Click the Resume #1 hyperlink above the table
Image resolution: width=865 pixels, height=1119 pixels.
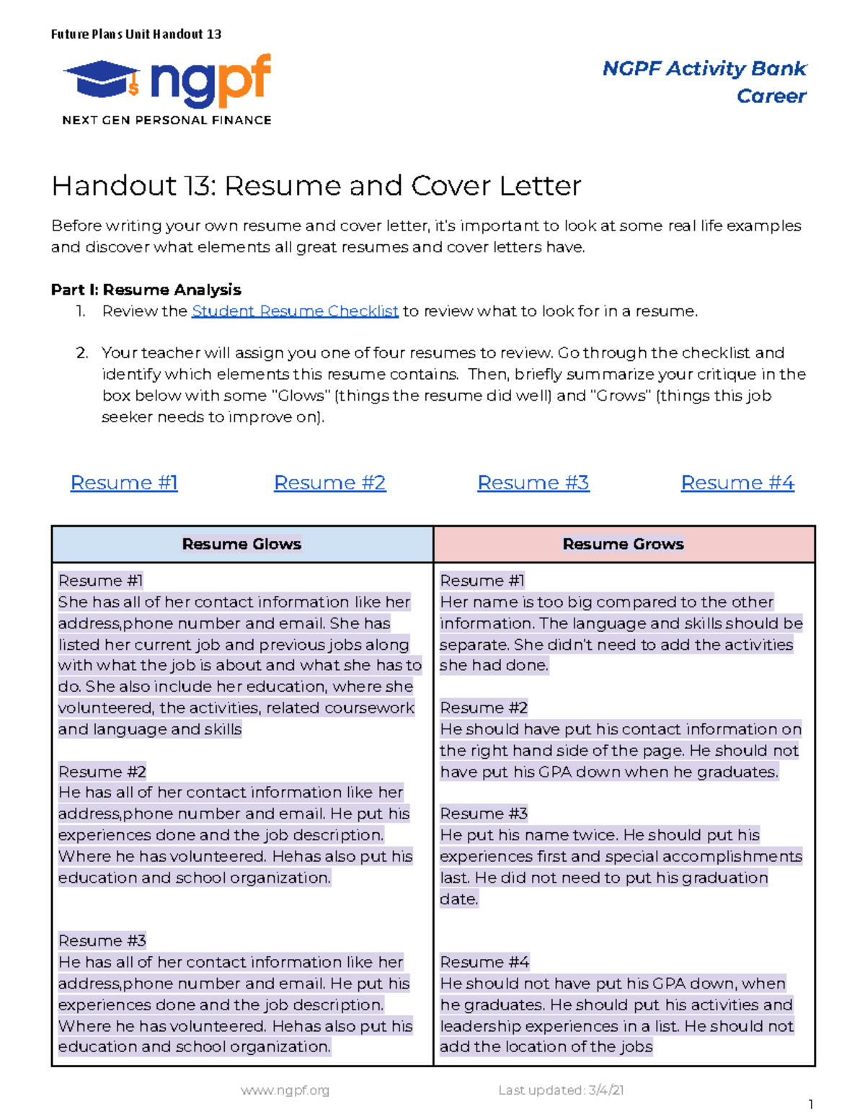(x=124, y=483)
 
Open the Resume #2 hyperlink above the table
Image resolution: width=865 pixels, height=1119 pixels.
(x=329, y=483)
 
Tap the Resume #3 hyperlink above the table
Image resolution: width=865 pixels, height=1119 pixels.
(x=533, y=483)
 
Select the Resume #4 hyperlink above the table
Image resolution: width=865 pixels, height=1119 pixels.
(x=737, y=483)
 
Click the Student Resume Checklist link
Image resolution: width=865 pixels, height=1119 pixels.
(x=295, y=311)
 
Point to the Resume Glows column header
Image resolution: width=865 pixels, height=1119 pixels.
(x=241, y=544)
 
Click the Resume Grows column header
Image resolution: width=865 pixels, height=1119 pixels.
(x=624, y=544)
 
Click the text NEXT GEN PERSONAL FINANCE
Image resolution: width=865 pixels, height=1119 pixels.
(x=167, y=120)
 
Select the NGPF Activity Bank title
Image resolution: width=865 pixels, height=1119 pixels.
(x=704, y=68)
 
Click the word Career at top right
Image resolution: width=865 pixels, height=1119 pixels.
(x=771, y=96)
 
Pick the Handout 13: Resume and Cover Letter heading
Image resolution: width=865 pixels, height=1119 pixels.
(x=316, y=186)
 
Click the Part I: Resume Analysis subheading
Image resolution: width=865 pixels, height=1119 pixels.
(x=146, y=290)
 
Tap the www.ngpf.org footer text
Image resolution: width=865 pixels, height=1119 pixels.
(x=285, y=1090)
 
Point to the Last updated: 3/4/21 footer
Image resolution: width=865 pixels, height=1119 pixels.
(x=561, y=1090)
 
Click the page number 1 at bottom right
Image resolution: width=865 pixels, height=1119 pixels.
(x=810, y=1105)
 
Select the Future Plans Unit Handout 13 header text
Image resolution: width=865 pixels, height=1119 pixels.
(x=136, y=34)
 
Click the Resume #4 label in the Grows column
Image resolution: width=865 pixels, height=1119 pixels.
(x=484, y=962)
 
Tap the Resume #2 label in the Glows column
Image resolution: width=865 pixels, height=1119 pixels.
(x=102, y=772)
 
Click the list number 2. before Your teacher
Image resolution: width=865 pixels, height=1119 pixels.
(x=81, y=353)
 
